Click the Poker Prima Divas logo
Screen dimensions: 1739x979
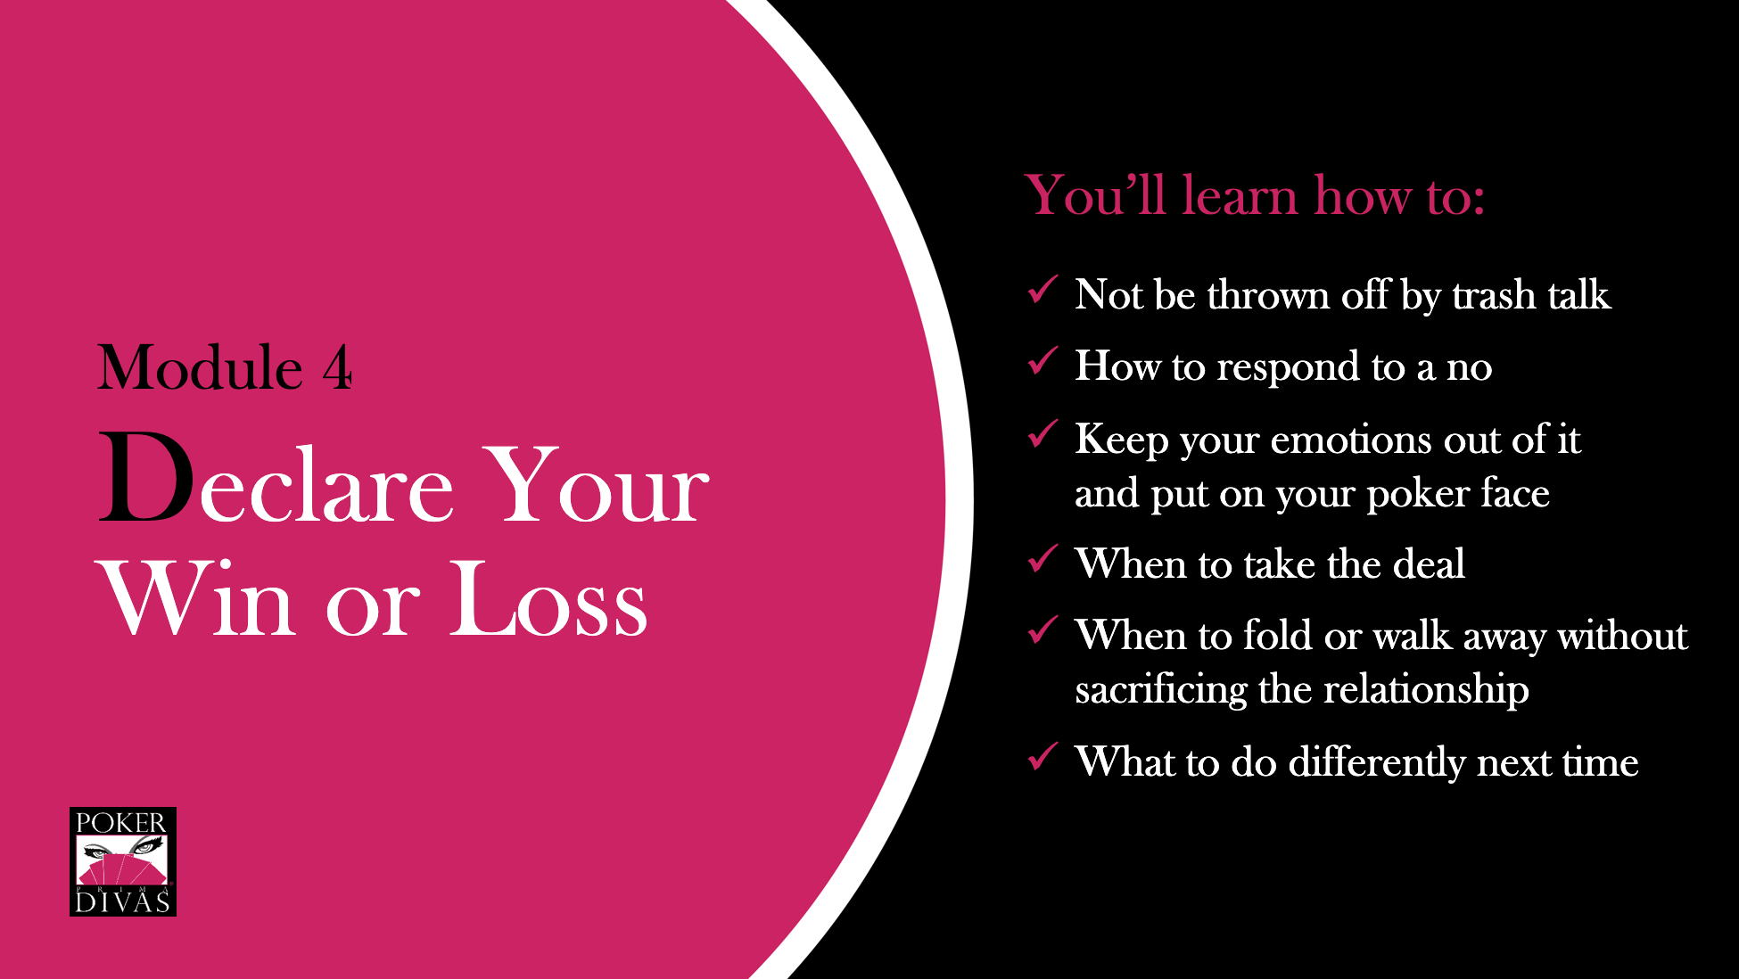click(123, 861)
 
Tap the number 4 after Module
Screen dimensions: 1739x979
click(337, 367)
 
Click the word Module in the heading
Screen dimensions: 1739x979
click(201, 367)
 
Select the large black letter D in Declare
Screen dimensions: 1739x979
click(146, 476)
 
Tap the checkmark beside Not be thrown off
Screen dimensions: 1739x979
click(1043, 289)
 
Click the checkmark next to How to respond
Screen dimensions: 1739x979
click(1043, 360)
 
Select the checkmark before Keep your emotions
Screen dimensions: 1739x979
click(1043, 433)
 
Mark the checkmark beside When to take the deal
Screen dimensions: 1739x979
click(1043, 558)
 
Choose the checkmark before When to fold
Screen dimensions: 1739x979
click(1043, 629)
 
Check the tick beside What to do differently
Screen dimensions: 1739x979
click(1043, 756)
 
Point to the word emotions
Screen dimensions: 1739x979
click(1351, 440)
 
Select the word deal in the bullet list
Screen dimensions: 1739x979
click(1429, 564)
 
